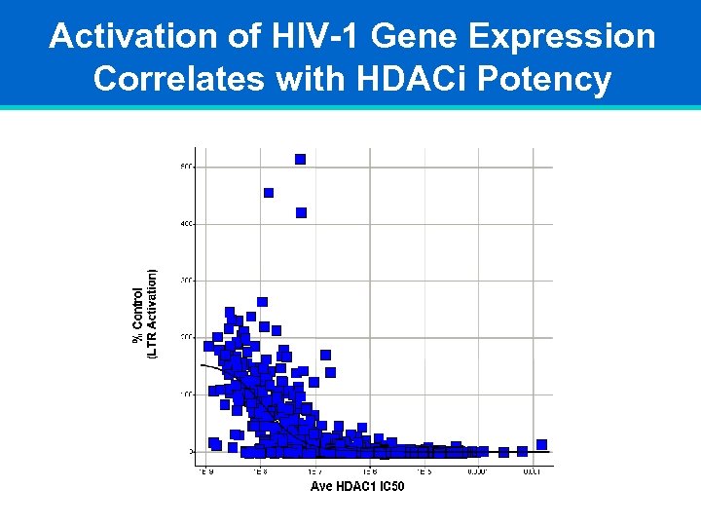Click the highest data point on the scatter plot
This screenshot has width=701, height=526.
coord(300,159)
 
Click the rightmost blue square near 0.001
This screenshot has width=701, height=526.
coord(542,445)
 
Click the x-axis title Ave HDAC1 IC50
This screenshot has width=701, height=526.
coord(357,485)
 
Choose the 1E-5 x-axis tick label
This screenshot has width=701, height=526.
coord(424,470)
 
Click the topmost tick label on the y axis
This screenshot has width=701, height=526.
coord(186,166)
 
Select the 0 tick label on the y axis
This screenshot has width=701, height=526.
coord(190,452)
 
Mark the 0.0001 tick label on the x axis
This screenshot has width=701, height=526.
coord(477,470)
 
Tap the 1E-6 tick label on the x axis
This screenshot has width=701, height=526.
coord(369,470)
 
